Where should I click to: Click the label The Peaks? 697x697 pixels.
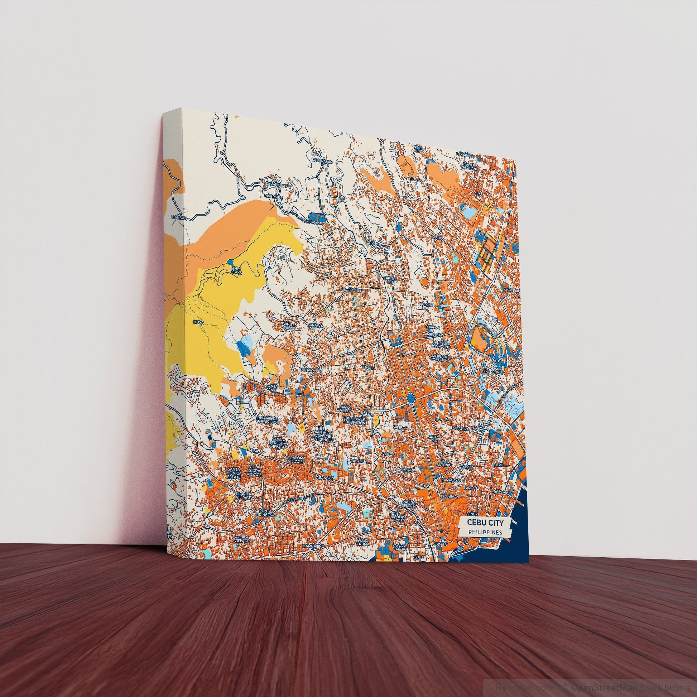[237, 270]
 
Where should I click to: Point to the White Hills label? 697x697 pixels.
[290, 326]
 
